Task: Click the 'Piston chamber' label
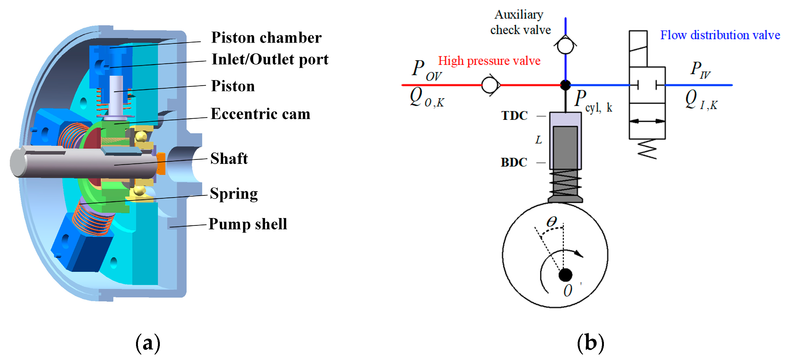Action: (266, 38)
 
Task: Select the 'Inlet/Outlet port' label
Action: (270, 60)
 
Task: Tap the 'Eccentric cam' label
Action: (260, 114)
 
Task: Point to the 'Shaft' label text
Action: (229, 158)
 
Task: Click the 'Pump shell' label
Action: (247, 224)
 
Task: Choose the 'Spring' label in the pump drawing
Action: (234, 194)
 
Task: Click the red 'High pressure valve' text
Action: (489, 61)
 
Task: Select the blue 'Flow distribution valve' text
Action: (720, 35)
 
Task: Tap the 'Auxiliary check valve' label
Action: (520, 22)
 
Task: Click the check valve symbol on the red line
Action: (490, 85)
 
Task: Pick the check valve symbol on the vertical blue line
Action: (565, 45)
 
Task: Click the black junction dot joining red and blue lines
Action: (565, 85)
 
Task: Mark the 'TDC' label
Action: (514, 116)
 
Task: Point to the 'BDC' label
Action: (514, 163)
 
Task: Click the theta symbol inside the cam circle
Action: (552, 222)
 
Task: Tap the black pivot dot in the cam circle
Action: (565, 275)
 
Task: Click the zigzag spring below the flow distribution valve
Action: (647, 149)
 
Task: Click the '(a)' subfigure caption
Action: (148, 343)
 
